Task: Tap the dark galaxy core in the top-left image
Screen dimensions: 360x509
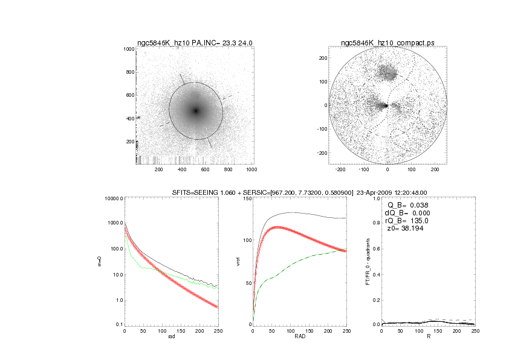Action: click(x=195, y=111)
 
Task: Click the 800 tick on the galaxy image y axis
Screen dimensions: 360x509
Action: click(x=128, y=72)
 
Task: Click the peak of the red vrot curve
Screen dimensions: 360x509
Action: click(x=277, y=227)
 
